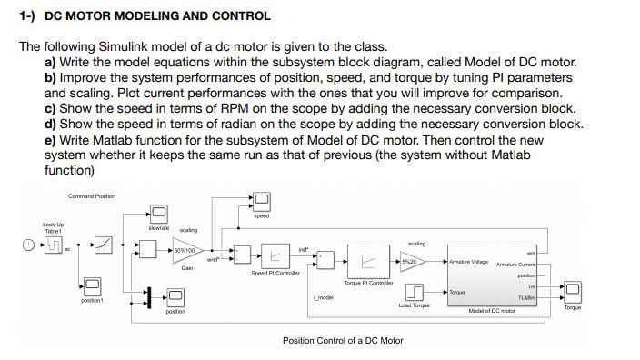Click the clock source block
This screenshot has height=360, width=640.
(x=31, y=245)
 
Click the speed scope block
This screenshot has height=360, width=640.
(x=261, y=198)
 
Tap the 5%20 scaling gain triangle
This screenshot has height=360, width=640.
(x=412, y=262)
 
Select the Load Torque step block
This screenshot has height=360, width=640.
(x=415, y=291)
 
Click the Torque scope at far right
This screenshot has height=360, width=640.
(x=573, y=291)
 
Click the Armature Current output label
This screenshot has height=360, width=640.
(x=517, y=264)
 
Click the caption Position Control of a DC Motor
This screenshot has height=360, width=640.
(x=343, y=340)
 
